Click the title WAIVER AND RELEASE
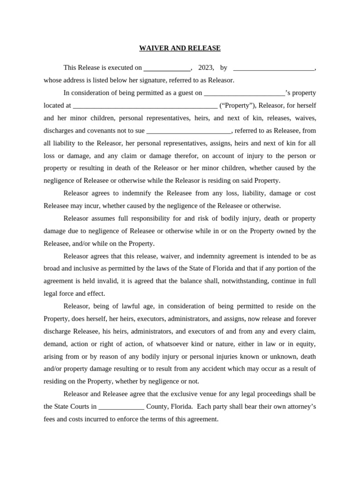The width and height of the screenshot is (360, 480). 180,48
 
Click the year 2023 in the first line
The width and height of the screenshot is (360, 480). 206,67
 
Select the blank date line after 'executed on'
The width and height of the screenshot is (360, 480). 167,68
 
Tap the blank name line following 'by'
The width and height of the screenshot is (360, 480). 274,68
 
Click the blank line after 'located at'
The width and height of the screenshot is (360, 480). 145,106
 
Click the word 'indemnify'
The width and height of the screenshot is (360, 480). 136,193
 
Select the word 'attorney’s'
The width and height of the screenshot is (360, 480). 300,406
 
